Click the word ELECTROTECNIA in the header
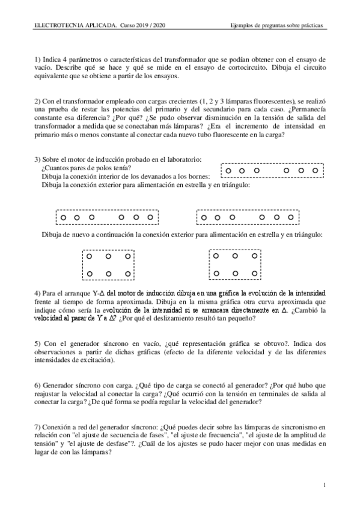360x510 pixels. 55,26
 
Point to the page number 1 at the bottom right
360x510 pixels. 325,485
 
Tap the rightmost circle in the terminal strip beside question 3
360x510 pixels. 315,171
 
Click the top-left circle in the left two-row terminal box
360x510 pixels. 90,256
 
